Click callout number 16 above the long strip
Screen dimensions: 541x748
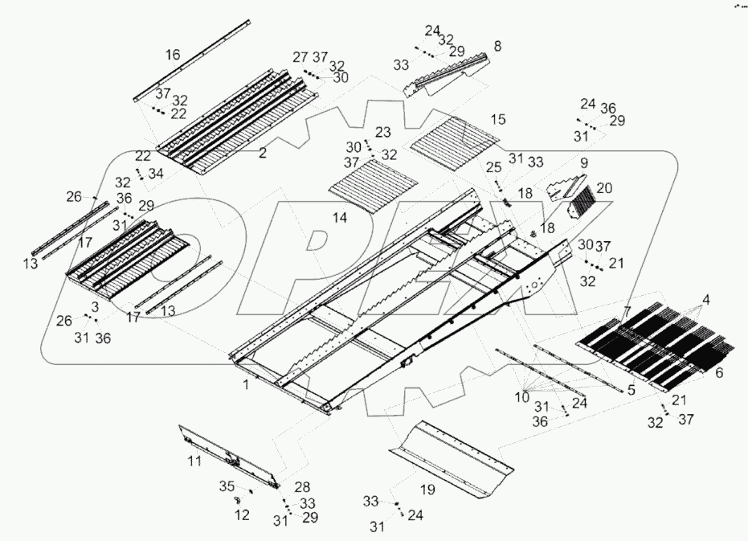click(173, 55)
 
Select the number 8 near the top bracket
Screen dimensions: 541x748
click(497, 47)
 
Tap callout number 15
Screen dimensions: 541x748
click(497, 119)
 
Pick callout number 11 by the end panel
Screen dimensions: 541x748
click(194, 461)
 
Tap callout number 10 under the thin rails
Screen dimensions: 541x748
click(522, 396)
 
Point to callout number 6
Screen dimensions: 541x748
click(719, 372)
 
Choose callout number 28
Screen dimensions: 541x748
click(301, 488)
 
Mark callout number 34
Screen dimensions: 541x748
click(155, 173)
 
